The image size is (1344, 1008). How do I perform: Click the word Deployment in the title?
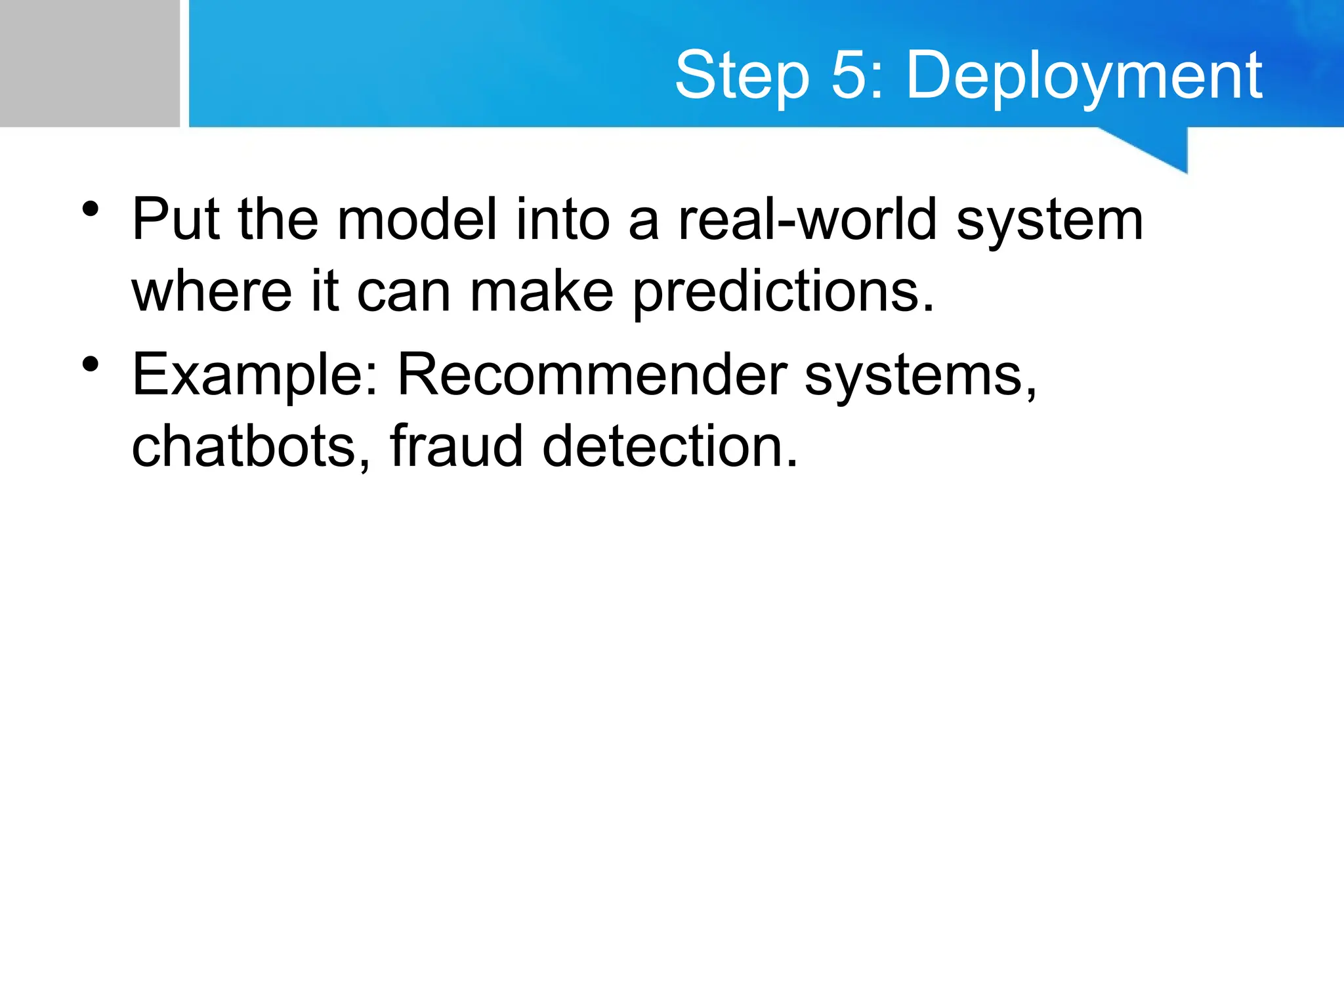[x=1084, y=77]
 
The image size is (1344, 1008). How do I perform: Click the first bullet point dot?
[x=91, y=209]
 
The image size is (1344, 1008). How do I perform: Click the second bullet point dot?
[x=91, y=364]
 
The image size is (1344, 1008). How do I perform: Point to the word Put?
[x=175, y=220]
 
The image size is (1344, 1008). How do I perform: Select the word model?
[x=417, y=220]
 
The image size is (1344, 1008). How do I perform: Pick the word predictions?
[x=782, y=293]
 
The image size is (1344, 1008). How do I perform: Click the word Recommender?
[x=592, y=375]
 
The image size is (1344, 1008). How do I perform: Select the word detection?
[x=669, y=446]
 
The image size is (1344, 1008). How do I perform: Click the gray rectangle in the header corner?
[x=89, y=63]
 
